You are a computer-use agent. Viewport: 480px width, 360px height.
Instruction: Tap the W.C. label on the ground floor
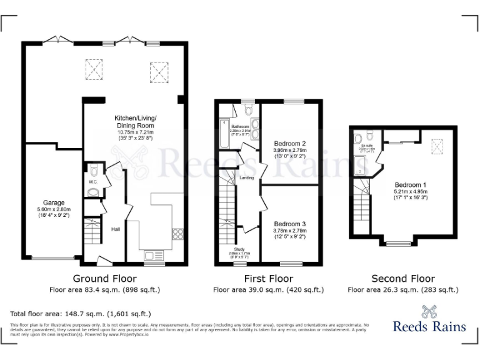(92, 182)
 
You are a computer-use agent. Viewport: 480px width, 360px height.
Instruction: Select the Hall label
(116, 229)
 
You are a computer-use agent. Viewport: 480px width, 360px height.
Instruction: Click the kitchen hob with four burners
(177, 234)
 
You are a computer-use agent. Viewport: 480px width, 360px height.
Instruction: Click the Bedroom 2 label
(289, 142)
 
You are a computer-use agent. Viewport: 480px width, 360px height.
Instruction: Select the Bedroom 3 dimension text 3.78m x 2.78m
(289, 231)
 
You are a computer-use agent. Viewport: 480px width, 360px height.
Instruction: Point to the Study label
(239, 249)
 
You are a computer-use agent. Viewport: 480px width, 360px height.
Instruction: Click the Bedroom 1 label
(411, 184)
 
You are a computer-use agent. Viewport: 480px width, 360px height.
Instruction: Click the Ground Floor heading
(104, 279)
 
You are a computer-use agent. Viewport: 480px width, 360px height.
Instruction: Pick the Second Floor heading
(403, 279)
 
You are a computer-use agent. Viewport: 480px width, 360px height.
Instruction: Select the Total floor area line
(81, 313)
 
